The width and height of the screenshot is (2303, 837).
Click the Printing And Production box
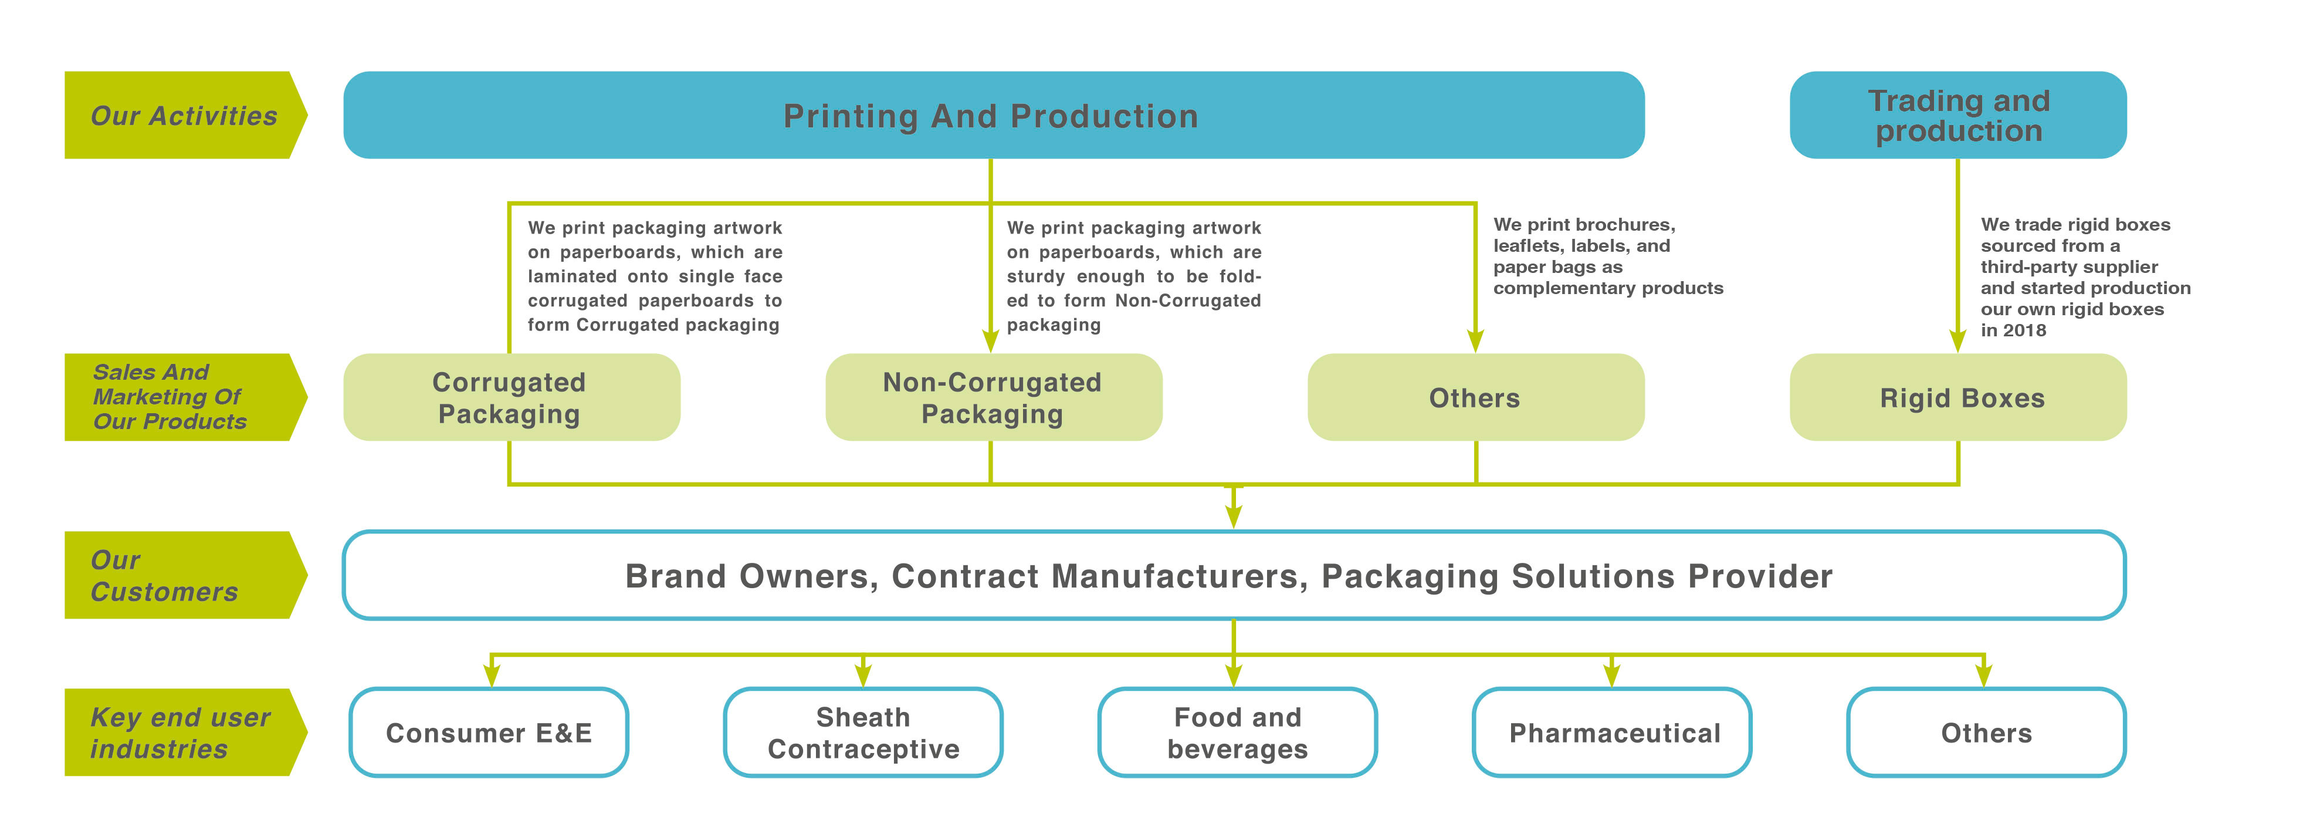(993, 116)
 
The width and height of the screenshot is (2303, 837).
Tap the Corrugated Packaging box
(510, 397)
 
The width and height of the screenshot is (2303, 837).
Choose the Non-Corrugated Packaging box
(993, 397)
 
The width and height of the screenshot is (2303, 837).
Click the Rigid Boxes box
(1958, 397)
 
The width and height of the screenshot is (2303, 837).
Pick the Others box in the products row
(1475, 397)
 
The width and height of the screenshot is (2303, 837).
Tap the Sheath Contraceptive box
(863, 733)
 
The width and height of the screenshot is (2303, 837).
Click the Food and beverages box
(1237, 733)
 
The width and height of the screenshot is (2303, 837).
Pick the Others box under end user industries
(1986, 733)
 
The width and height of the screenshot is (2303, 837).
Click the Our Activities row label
(183, 116)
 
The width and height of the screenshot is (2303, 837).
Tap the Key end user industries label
(179, 733)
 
